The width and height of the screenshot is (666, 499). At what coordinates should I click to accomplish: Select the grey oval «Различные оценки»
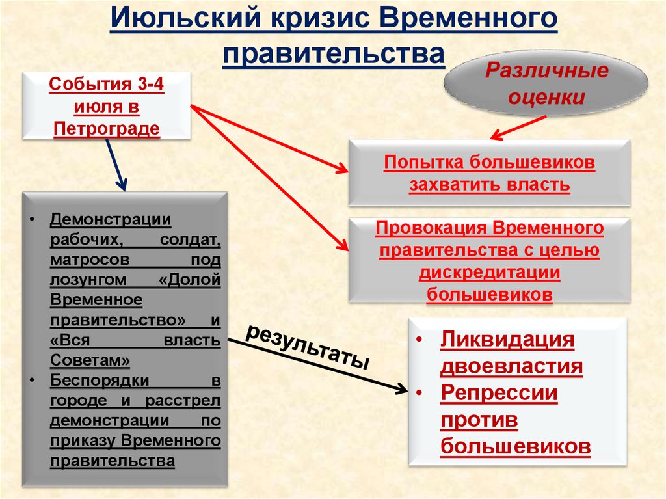point(546,85)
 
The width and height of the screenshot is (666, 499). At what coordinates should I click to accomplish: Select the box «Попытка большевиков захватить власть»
point(489,173)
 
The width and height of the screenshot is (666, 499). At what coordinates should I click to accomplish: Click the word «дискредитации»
point(489,273)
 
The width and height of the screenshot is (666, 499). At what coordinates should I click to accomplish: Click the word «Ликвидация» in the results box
point(507,340)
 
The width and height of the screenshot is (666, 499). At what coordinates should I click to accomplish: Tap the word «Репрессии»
point(499,394)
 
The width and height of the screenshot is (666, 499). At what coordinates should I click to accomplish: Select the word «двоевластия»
point(511,367)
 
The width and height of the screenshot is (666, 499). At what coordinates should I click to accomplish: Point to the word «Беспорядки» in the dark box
point(100,379)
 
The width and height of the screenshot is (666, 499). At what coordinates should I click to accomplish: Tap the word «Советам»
point(85,360)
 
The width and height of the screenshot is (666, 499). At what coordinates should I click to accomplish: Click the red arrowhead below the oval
point(496,135)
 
